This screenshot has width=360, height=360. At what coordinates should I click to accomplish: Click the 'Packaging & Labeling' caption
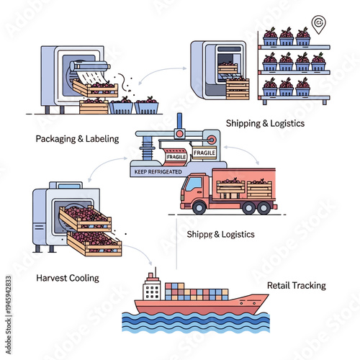coord(77,138)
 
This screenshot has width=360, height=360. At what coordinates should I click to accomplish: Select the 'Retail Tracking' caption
coord(296,285)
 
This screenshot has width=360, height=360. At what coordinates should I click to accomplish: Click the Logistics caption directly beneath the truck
coord(219,234)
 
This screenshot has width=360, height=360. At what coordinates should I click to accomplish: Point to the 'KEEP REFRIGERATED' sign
coord(156,172)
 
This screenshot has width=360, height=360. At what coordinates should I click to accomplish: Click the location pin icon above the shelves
coord(318,23)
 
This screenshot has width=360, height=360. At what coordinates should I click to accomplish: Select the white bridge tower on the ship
coord(151,289)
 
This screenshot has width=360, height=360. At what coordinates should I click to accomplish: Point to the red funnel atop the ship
coord(151,274)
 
